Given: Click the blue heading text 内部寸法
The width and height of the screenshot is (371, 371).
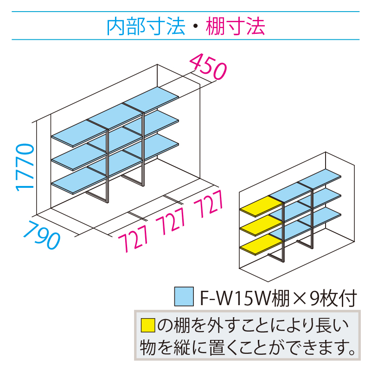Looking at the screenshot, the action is tap(146, 26).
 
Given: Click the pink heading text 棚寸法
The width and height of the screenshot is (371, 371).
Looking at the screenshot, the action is tap(236, 26).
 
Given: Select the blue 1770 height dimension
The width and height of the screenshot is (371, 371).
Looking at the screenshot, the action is tap(25, 167).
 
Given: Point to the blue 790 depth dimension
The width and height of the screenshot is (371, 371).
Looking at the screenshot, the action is tap(42, 235).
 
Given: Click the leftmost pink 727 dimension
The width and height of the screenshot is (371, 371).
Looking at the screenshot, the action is tap(133, 238).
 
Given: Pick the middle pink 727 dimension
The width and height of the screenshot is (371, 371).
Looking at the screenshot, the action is tap(170, 221).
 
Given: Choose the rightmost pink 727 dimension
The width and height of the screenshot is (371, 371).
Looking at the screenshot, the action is tap(208, 204).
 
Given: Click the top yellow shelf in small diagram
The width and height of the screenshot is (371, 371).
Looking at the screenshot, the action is tap(262, 206).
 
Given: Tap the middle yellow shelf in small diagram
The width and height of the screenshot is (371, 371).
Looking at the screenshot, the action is tap(262, 225).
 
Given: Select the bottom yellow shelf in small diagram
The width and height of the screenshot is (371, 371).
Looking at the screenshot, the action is tap(262, 244).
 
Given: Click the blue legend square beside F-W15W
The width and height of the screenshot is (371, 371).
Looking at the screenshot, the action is tap(184, 296).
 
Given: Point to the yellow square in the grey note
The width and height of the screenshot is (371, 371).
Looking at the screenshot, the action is tap(148, 326).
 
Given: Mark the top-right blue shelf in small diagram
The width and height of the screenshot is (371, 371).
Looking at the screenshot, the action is tap(320, 179).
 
